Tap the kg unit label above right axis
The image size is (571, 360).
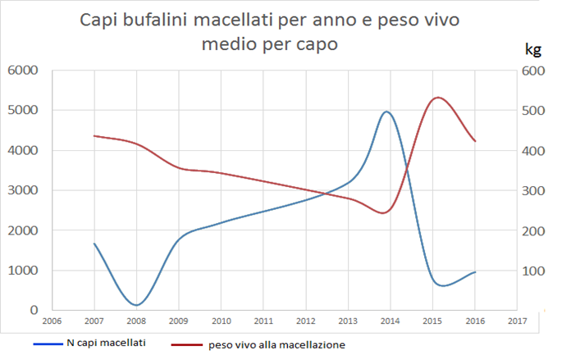pyautogui.click(x=533, y=49)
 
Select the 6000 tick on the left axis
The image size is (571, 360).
pyautogui.click(x=23, y=71)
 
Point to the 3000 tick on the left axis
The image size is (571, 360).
pyautogui.click(x=23, y=190)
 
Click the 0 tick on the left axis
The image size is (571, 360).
pyautogui.click(x=34, y=310)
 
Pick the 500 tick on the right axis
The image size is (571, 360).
pyautogui.click(x=533, y=111)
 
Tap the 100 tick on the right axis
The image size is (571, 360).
pyautogui.click(x=533, y=271)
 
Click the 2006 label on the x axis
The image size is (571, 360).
pyautogui.click(x=52, y=321)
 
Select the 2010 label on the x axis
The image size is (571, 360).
pyautogui.click(x=221, y=321)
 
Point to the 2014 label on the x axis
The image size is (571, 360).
pyautogui.click(x=390, y=321)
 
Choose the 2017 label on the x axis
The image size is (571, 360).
pyautogui.click(x=517, y=321)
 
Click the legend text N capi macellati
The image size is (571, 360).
pyautogui.click(x=106, y=343)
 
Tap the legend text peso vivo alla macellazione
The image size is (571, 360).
pyautogui.click(x=276, y=344)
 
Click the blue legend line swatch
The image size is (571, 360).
pyautogui.click(x=48, y=344)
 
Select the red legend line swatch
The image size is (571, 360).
pyautogui.click(x=187, y=344)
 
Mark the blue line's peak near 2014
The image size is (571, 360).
pyautogui.click(x=386, y=112)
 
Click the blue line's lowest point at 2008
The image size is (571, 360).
pyautogui.click(x=136, y=305)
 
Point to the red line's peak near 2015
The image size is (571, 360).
pyautogui.click(x=438, y=98)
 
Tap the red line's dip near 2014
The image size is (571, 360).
pyautogui.click(x=383, y=213)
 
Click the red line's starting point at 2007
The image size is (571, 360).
pyautogui.click(x=94, y=136)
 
